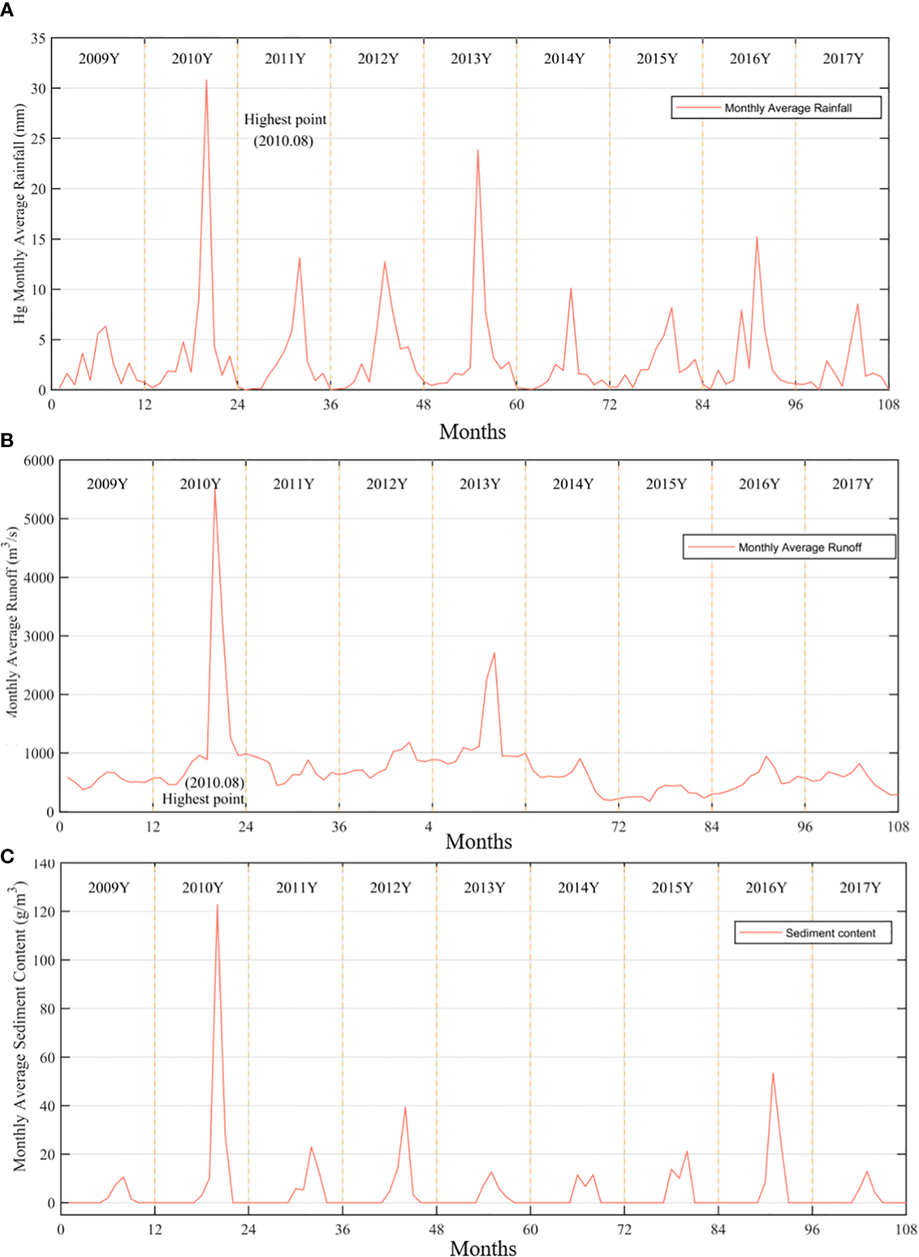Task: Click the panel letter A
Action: point(7,10)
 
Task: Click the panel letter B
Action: point(7,440)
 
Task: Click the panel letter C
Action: point(7,857)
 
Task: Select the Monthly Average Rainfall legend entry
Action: point(776,108)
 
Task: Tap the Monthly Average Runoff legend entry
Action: point(789,547)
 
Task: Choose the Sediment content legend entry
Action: point(814,933)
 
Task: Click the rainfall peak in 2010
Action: point(206,80)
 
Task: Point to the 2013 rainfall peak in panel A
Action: point(477,150)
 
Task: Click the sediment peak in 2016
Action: point(773,1074)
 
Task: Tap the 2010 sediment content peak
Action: point(217,905)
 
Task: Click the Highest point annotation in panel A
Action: point(285,120)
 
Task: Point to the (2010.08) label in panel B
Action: point(214,782)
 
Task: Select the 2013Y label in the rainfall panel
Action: point(471,59)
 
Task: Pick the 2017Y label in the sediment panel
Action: point(859,887)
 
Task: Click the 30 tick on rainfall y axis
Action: point(38,89)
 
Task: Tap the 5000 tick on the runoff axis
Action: point(39,519)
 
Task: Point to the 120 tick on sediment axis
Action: point(44,911)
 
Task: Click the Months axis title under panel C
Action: point(483,1248)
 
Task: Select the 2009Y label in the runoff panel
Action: point(107,484)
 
